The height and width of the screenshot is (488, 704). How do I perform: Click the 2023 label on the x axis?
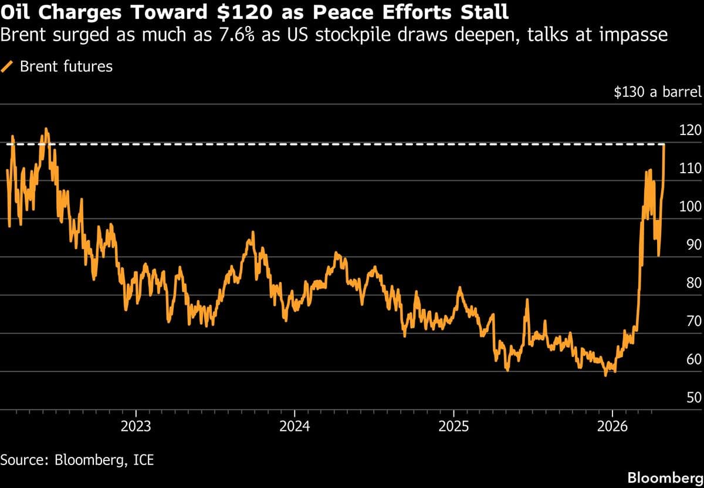click(136, 426)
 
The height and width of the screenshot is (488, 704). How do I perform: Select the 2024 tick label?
click(295, 426)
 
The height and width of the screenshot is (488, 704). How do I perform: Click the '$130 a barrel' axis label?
click(657, 93)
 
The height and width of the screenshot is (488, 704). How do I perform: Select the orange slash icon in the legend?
click(8, 66)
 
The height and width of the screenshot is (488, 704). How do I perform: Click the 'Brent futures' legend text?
click(66, 66)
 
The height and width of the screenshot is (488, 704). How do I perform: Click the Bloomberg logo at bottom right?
click(665, 477)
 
